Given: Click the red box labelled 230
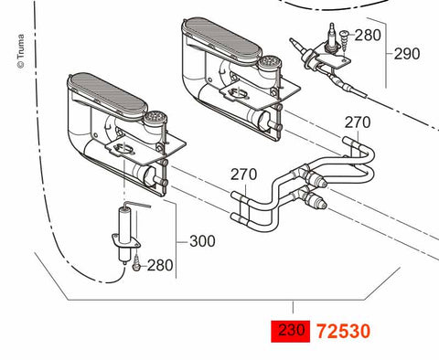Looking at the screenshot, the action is (x=291, y=331).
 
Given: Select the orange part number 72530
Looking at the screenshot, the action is (x=344, y=332).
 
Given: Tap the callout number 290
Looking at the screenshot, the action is (x=407, y=54).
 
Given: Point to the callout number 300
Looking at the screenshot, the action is (x=202, y=241).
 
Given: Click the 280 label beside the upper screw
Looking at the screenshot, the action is (x=368, y=36).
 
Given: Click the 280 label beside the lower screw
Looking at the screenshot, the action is (x=160, y=266).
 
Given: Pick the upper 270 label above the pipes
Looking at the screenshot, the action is (x=358, y=122).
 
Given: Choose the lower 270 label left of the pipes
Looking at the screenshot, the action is (x=243, y=175).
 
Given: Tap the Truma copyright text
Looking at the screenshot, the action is (x=20, y=51).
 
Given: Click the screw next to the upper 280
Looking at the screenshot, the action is (x=344, y=40).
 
